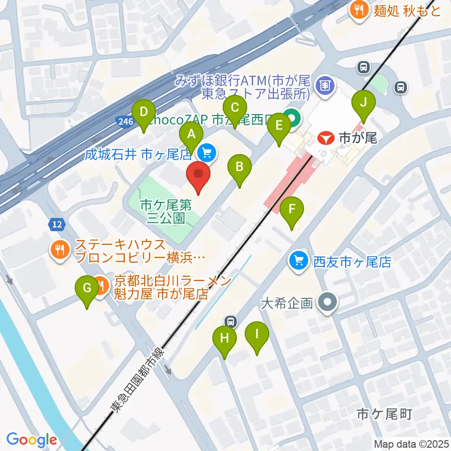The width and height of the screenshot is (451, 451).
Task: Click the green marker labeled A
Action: pos(191,134)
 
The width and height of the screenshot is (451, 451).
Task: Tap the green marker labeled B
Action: pos(240,167)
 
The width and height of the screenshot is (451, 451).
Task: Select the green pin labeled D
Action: pos(144,113)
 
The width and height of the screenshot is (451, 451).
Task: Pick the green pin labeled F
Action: pos(292,209)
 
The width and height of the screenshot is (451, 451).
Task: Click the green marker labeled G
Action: pos(87,288)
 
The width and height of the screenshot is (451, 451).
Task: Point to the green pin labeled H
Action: pos(225,338)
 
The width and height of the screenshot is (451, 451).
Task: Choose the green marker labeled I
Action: pos(257,334)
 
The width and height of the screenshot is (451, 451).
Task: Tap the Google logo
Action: pos(31,440)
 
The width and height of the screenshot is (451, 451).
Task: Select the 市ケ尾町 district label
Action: pos(384,414)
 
